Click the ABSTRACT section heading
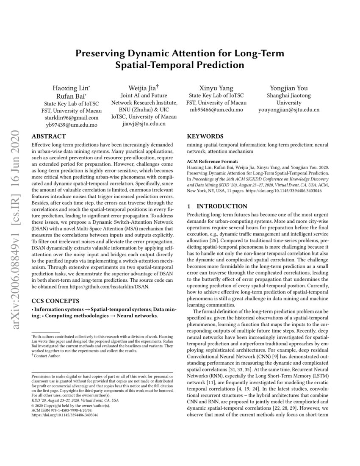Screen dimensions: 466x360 [49, 136]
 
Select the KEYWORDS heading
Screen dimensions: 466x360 [205, 136]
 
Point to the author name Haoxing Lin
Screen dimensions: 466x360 [71, 88]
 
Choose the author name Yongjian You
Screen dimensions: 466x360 [289, 88]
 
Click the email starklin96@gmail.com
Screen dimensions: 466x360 [71, 118]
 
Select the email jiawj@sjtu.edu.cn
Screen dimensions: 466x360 [144, 124]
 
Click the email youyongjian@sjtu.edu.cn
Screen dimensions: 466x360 [289, 110]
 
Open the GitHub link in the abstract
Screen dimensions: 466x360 [119, 287]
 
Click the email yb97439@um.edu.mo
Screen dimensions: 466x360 [71, 125]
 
